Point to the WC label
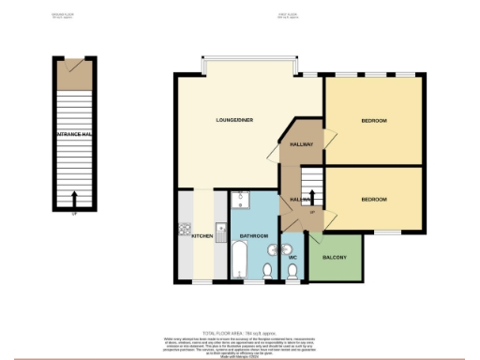[x=292, y=256]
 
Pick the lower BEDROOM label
[x=373, y=199]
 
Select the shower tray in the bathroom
[x=239, y=203]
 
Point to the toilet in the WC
[x=292, y=272]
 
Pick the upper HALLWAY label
[x=300, y=144]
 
